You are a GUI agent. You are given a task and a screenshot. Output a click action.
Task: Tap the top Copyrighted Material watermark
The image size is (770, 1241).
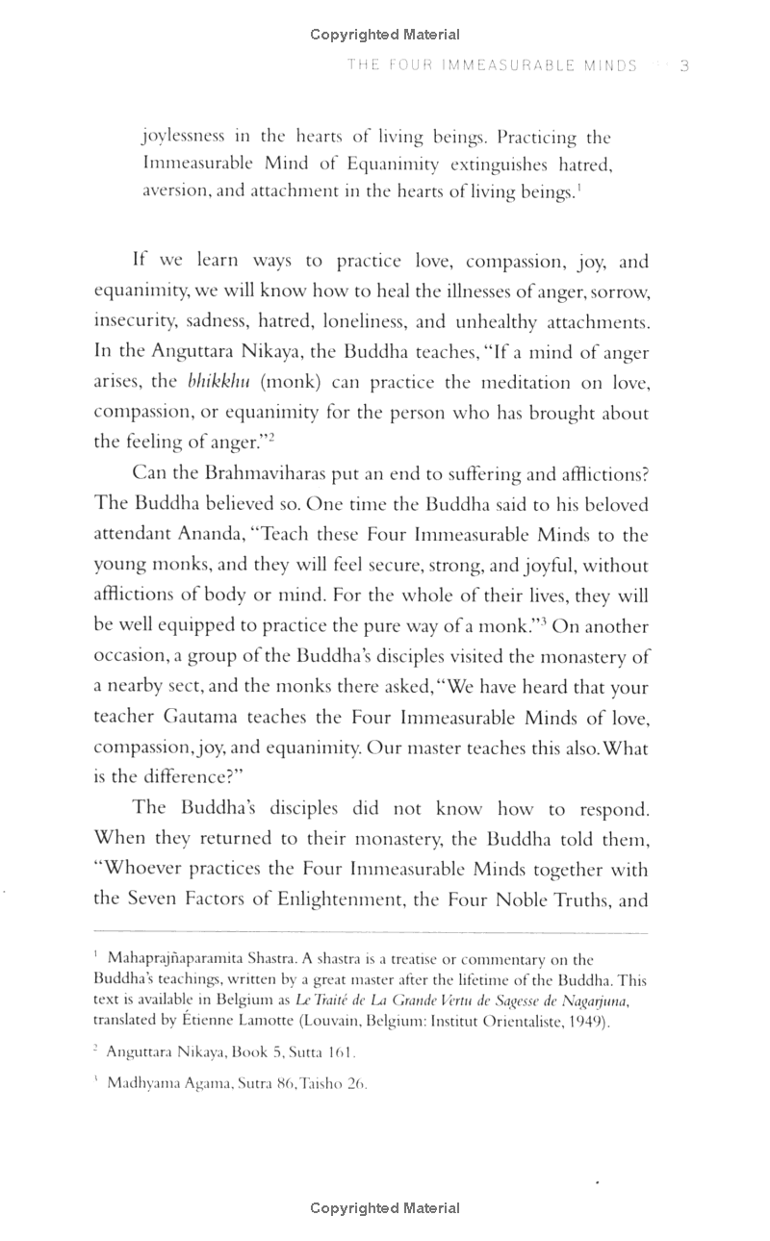point(385,35)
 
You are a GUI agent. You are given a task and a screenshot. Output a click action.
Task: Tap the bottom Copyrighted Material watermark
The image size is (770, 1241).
point(385,1207)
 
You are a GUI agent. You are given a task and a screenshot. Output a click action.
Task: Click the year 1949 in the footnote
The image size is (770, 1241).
point(584,1021)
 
